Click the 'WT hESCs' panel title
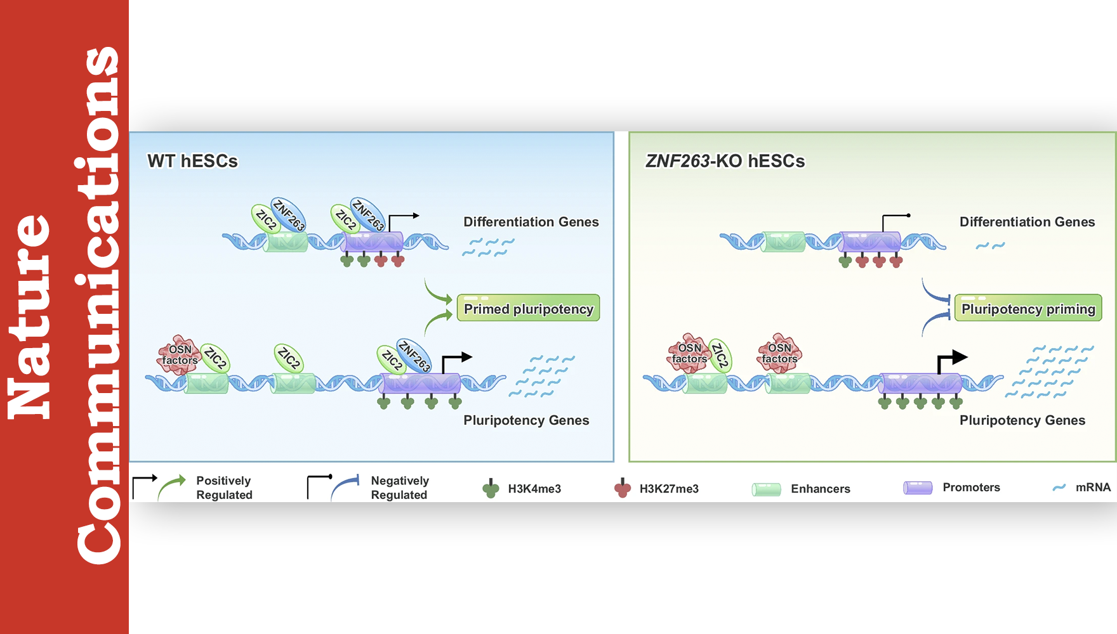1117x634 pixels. tap(192, 161)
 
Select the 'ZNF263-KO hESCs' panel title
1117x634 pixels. tap(725, 161)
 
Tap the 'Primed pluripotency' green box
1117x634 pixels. tap(528, 308)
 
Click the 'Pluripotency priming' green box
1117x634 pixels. tap(1028, 308)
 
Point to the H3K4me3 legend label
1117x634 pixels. tap(534, 489)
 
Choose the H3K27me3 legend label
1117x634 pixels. tap(669, 489)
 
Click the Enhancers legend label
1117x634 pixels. tap(820, 489)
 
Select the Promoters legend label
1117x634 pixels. tap(971, 488)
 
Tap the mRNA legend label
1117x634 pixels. tap(1093, 488)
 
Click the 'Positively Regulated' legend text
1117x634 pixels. tap(224, 488)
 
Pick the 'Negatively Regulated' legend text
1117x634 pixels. tap(400, 488)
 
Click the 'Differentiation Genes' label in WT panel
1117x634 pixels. tap(531, 222)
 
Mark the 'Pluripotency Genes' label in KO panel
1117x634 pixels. tap(1022, 420)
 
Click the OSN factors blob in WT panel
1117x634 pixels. tap(179, 355)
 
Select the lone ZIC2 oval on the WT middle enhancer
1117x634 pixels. tap(289, 358)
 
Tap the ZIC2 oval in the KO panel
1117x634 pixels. tap(720, 355)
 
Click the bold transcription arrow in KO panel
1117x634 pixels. tap(951, 360)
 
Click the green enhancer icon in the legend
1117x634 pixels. tap(766, 489)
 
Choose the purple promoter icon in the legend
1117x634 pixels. tap(918, 488)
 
